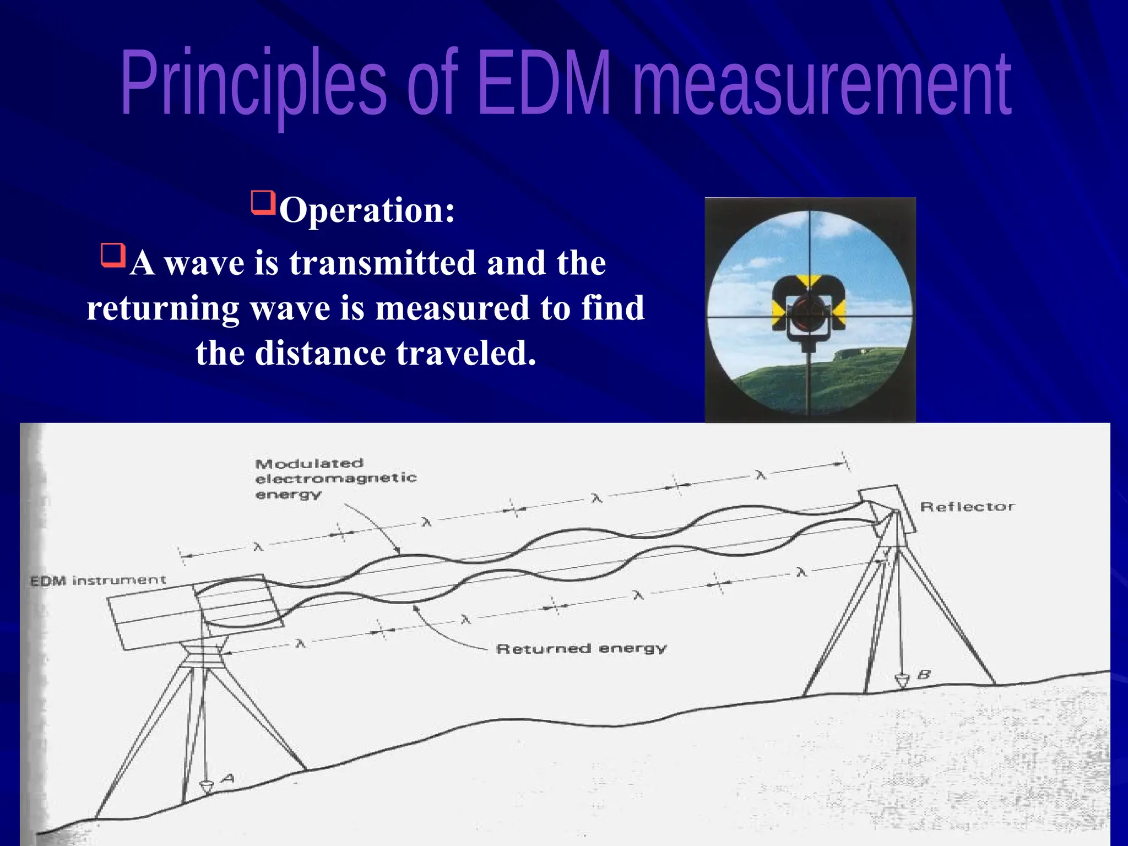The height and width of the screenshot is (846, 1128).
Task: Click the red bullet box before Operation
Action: (x=263, y=203)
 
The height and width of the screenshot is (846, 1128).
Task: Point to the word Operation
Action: (x=367, y=210)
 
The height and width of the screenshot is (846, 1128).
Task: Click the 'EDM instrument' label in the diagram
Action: (x=97, y=581)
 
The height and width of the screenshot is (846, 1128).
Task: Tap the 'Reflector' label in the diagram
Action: (x=967, y=507)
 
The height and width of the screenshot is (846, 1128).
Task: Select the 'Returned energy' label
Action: (x=581, y=649)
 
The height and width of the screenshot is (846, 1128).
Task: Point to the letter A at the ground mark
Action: (x=227, y=779)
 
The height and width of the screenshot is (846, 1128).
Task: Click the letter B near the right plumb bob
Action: (x=924, y=674)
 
